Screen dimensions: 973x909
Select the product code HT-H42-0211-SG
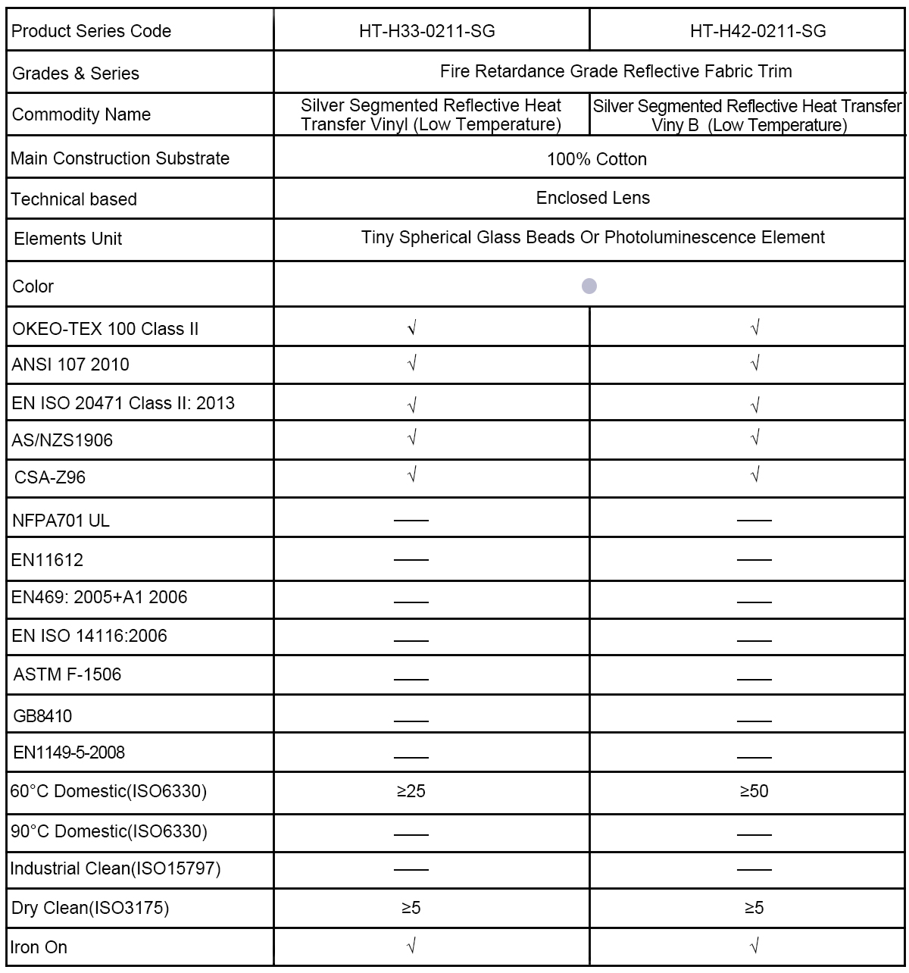(757, 31)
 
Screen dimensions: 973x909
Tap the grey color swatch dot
(589, 286)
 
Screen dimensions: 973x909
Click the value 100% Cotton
(597, 159)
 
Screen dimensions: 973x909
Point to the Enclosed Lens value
(593, 198)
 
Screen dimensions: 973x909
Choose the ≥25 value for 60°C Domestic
(411, 791)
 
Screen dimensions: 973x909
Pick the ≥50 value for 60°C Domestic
(754, 791)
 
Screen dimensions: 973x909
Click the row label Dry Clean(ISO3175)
(90, 908)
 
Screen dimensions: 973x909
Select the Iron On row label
(39, 947)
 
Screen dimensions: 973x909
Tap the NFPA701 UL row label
(61, 521)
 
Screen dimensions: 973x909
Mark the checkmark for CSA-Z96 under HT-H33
(412, 475)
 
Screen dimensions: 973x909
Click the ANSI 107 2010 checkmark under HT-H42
(754, 364)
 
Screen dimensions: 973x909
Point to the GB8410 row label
(43, 715)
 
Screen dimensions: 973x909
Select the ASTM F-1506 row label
(67, 674)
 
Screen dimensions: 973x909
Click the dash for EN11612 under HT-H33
(411, 560)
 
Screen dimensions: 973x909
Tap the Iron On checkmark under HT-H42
(754, 946)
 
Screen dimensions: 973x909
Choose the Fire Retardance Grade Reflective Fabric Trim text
(616, 71)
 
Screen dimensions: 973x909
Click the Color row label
(33, 286)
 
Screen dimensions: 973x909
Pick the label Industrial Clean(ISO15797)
(116, 868)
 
